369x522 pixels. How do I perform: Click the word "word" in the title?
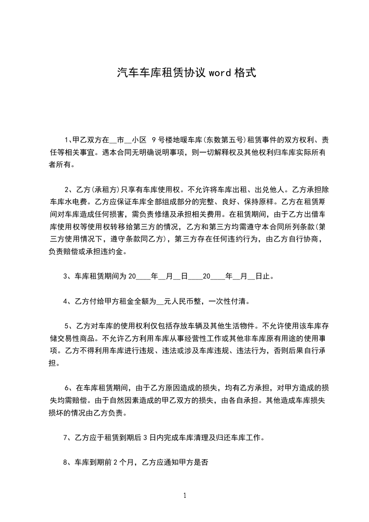[220, 73]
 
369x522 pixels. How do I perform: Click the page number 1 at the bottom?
[185, 495]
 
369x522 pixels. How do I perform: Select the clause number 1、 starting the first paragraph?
[68, 140]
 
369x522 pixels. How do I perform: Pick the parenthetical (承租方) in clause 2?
[94, 190]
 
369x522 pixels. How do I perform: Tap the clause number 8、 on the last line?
[68, 462]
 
